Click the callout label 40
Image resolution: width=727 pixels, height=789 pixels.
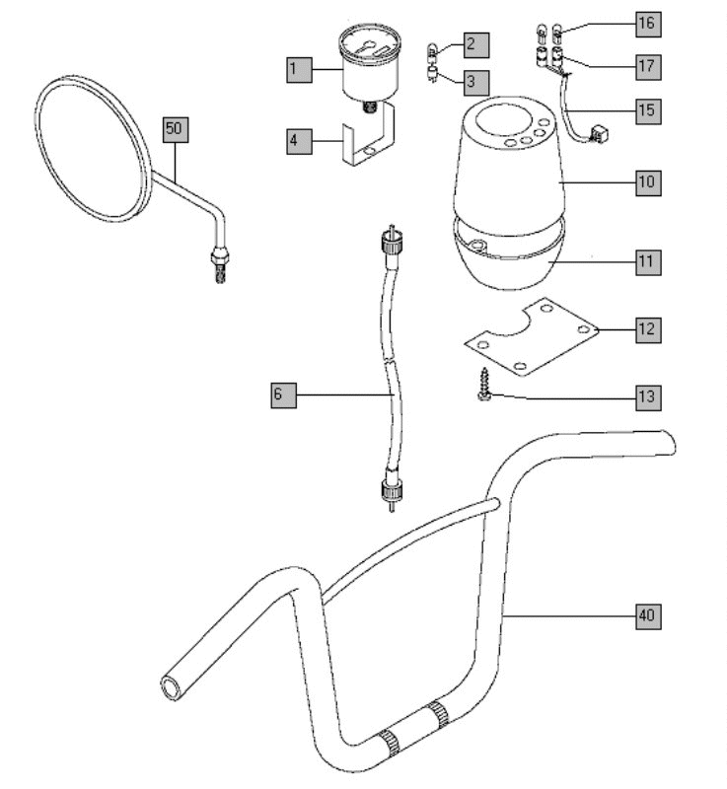(647, 616)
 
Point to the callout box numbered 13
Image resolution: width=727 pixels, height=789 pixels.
(647, 397)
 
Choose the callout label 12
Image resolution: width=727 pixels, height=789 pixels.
(647, 328)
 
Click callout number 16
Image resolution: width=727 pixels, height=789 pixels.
(647, 22)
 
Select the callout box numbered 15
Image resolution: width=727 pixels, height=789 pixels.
(647, 108)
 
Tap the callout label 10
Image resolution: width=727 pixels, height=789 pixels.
(647, 182)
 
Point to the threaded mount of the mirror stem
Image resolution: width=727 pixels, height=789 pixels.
(220, 266)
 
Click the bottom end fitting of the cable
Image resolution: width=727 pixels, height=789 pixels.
(394, 490)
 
